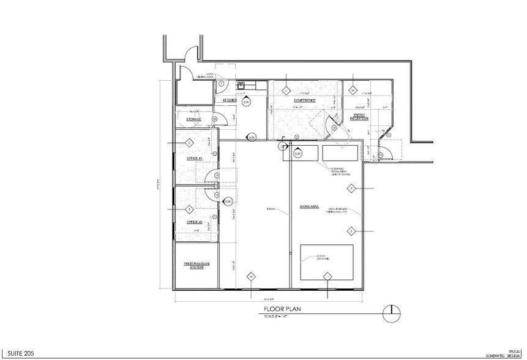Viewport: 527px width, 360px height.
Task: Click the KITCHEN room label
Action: click(230, 100)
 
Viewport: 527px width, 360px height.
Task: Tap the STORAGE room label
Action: click(194, 119)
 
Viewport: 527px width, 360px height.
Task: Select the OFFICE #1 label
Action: click(193, 158)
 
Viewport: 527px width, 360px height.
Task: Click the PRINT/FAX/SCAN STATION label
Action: click(197, 265)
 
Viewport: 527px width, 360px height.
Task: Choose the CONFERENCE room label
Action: click(304, 100)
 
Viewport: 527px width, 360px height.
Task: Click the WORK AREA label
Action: click(308, 206)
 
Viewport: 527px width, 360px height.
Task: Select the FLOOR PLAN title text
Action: click(280, 309)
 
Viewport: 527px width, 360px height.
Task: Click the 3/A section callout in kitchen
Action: click(246, 102)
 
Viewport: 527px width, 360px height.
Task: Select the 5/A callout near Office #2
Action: click(228, 201)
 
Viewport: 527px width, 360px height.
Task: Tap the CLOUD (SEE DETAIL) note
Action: click(323, 258)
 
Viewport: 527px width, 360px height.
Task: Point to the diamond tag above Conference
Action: click(286, 90)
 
